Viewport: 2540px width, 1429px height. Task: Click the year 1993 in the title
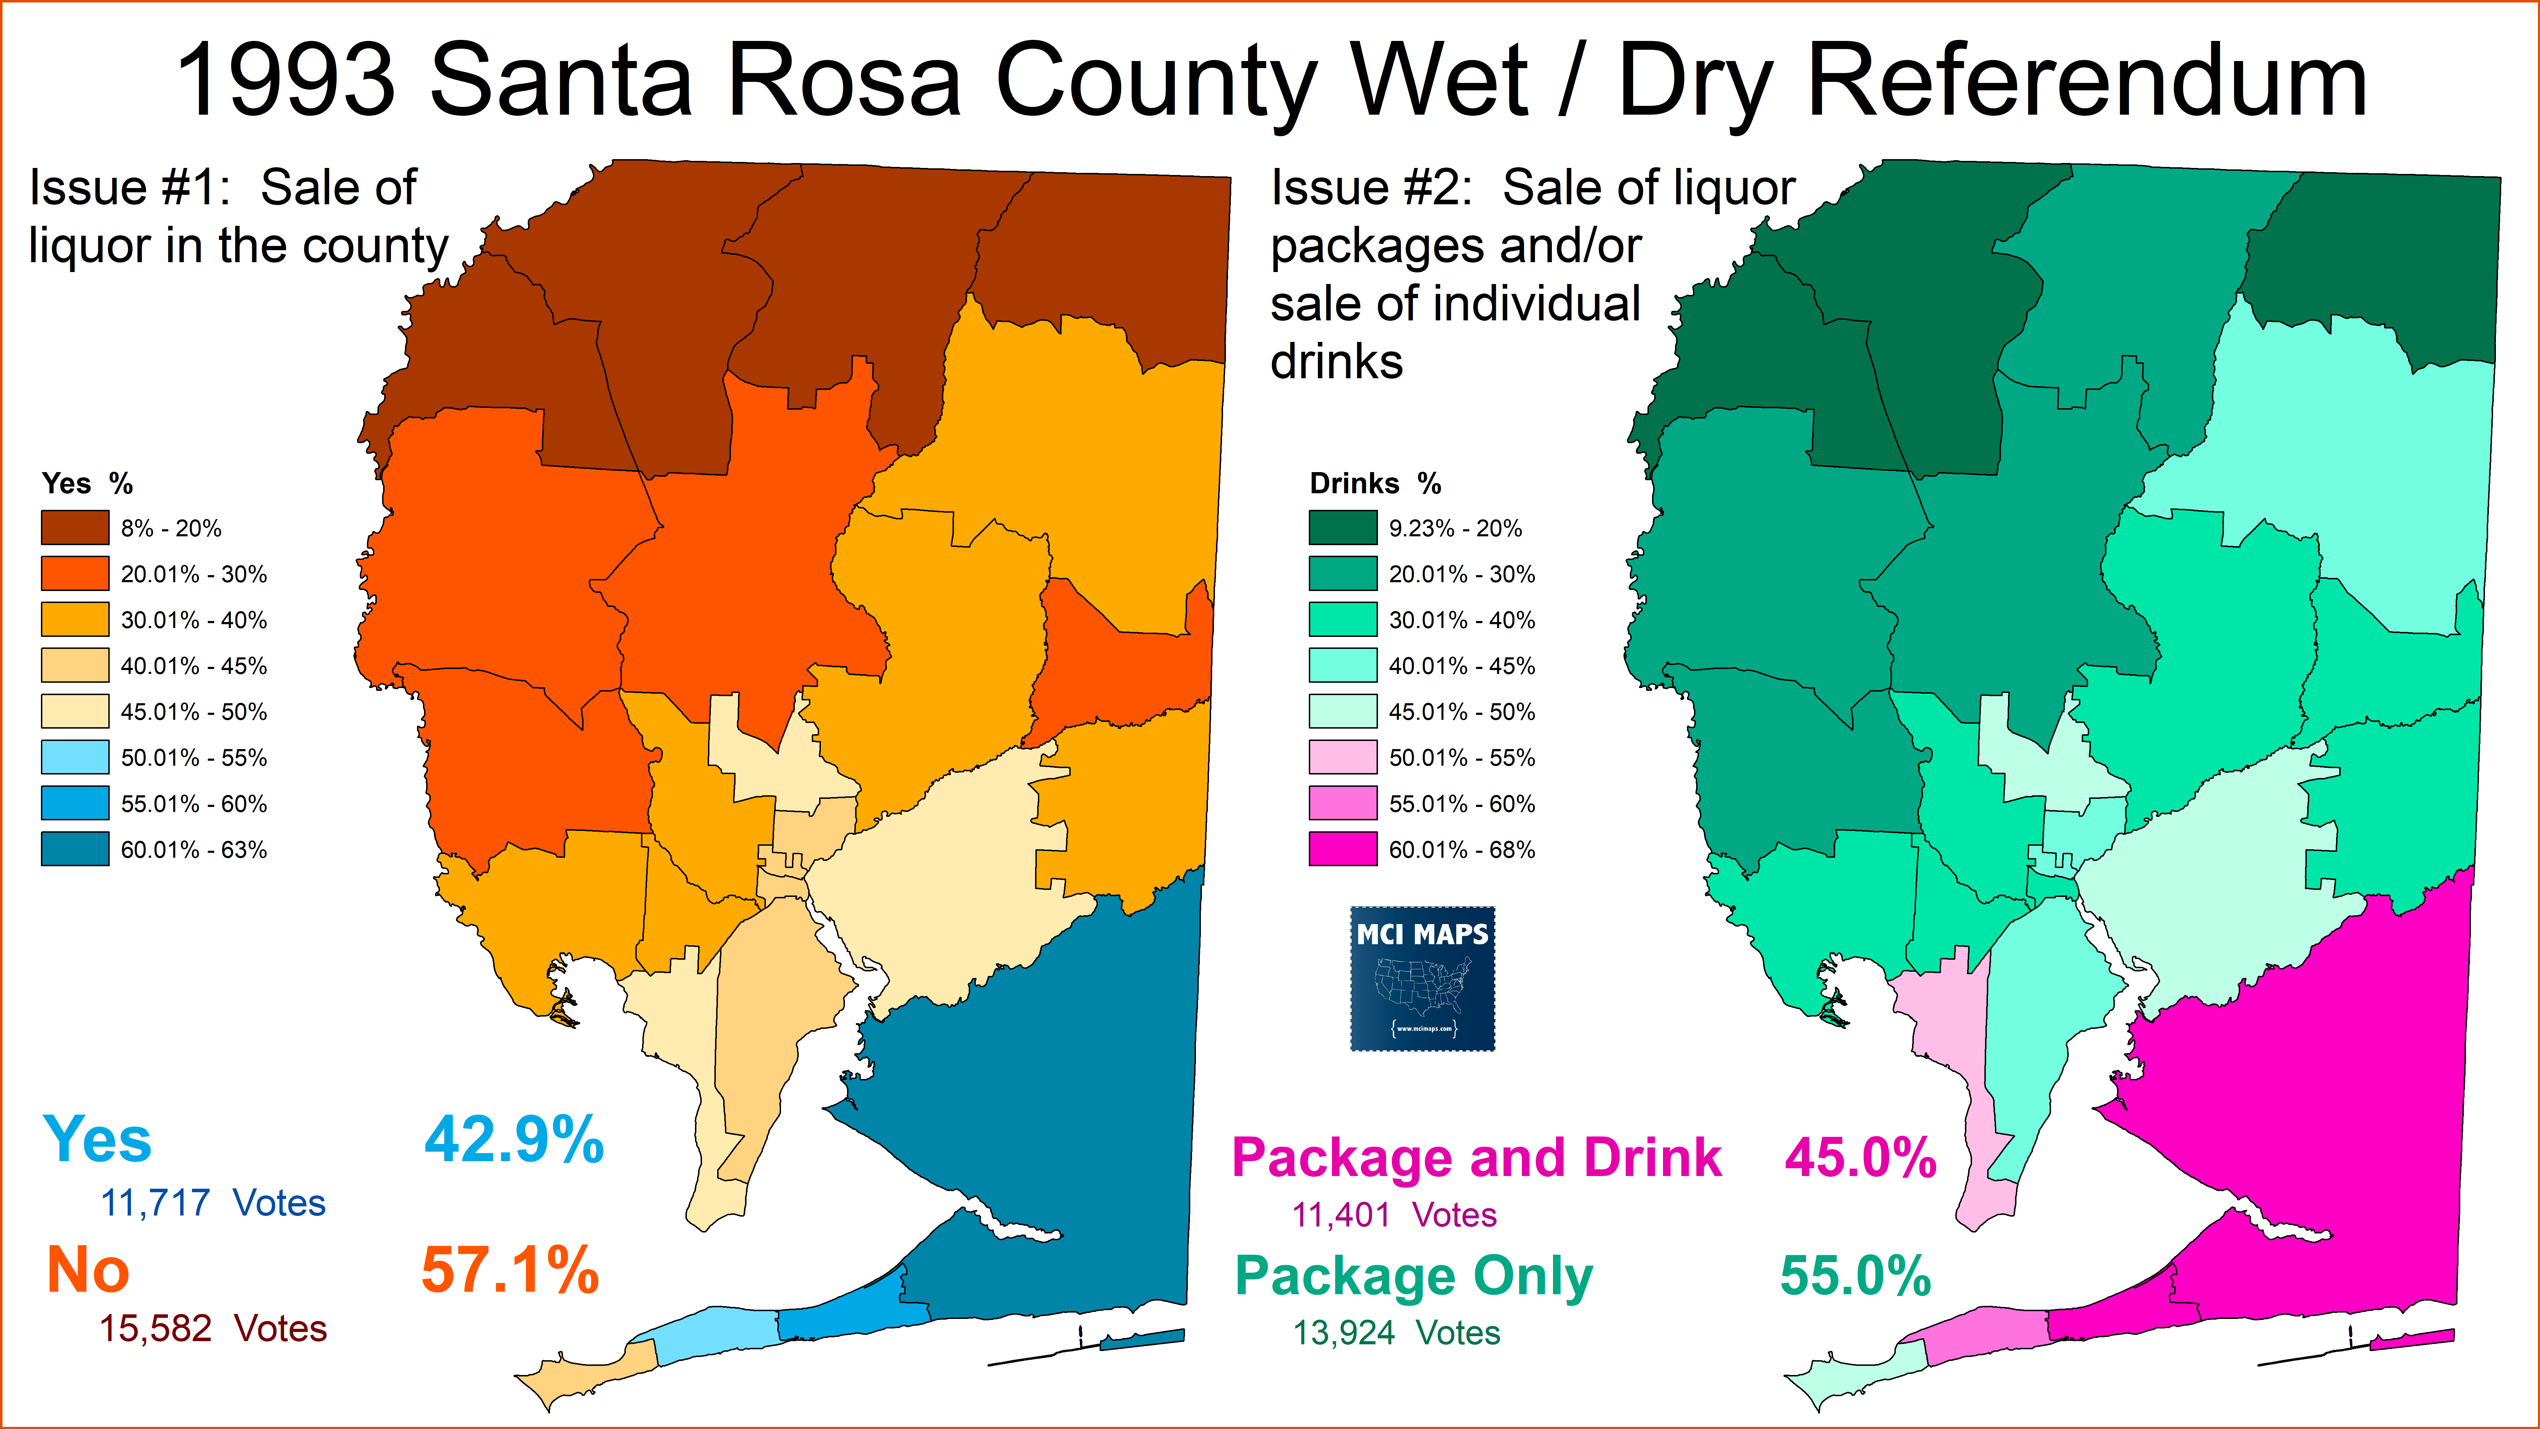(286, 81)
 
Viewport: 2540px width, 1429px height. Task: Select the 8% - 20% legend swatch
(75, 527)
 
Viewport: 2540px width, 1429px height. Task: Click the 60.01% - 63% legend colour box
(75, 849)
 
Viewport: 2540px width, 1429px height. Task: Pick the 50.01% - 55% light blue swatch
(75, 758)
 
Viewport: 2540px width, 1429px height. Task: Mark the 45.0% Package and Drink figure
(1859, 1159)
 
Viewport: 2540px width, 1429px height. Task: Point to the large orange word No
(89, 1270)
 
